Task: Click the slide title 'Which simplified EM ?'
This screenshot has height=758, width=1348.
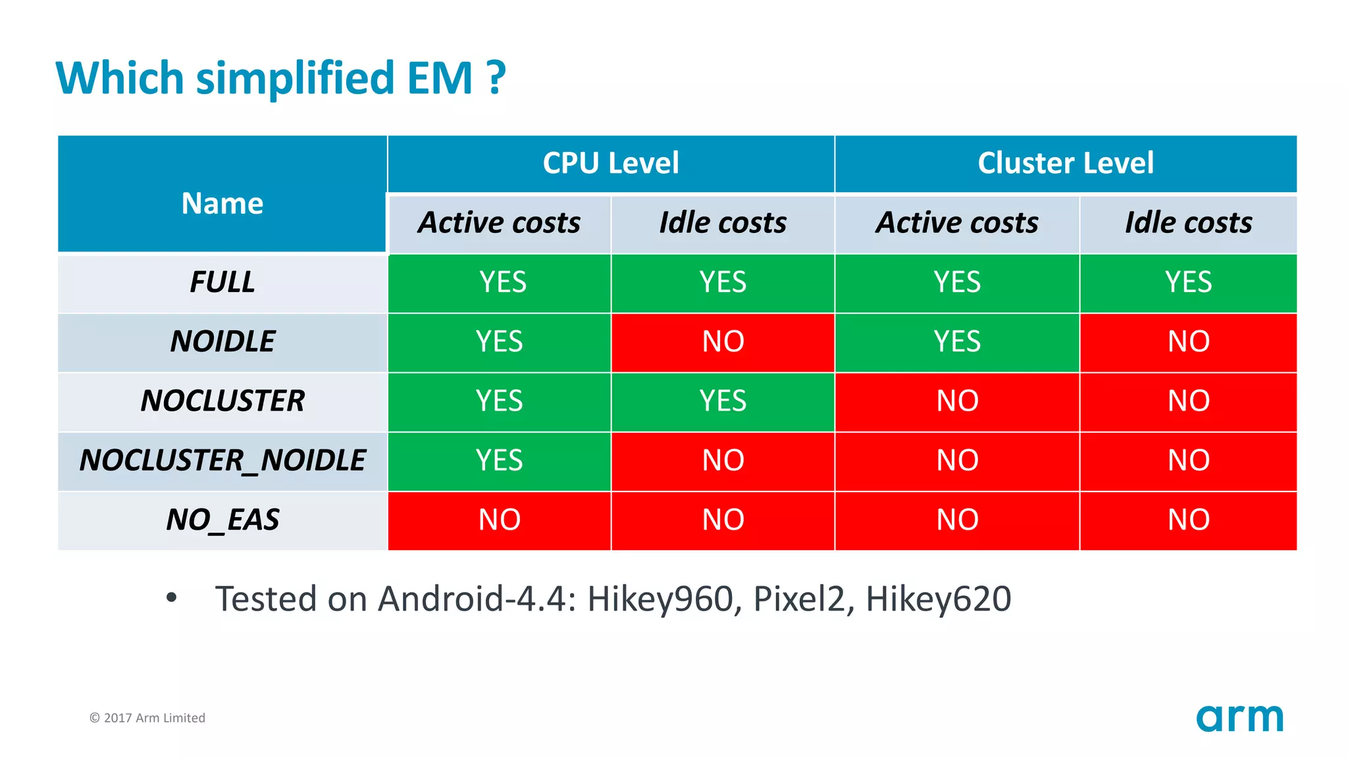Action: coord(280,78)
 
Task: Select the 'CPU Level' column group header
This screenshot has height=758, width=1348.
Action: coord(610,163)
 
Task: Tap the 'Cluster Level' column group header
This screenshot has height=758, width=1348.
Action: coord(1065,163)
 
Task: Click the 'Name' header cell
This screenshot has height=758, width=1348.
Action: coord(222,203)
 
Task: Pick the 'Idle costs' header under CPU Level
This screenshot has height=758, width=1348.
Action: coord(723,223)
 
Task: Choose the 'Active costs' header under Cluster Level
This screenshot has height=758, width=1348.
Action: coord(956,223)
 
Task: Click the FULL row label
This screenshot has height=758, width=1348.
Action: coord(222,282)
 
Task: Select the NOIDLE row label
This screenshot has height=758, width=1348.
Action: coord(222,341)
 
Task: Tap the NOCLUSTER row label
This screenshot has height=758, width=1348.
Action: coord(222,401)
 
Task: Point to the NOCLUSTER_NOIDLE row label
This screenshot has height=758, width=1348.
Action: coord(222,460)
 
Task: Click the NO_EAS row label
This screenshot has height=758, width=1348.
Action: coord(222,520)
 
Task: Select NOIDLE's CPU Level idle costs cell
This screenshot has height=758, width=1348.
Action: coord(723,341)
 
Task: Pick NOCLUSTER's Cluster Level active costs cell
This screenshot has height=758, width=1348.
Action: coord(956,401)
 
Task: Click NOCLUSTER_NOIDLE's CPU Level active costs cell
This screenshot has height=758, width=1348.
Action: coord(499,460)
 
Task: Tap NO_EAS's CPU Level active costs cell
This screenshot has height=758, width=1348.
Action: coord(499,520)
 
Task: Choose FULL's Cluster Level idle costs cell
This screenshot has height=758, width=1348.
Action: coord(1188,282)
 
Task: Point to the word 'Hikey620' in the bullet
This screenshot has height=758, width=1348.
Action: coord(938,599)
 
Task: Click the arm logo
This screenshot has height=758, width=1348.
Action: coord(1239,718)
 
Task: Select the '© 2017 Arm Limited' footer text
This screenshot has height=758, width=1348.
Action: coord(147,718)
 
